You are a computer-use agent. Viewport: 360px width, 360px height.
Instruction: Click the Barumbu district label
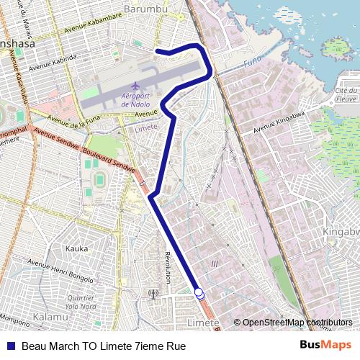pyautogui.click(x=145, y=9)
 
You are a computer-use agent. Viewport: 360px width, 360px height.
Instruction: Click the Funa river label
pyautogui.click(x=251, y=63)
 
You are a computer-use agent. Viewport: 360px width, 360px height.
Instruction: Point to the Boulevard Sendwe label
pyautogui.click(x=108, y=160)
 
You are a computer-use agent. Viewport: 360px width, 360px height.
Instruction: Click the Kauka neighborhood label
pyautogui.click(x=76, y=248)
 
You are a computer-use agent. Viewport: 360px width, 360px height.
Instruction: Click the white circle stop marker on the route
pyautogui.click(x=199, y=293)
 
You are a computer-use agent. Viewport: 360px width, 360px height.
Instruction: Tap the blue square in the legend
pyautogui.click(x=11, y=346)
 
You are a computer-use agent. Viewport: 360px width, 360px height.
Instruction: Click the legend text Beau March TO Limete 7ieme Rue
pyautogui.click(x=104, y=346)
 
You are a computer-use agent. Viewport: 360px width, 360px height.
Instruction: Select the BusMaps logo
pyautogui.click(x=326, y=346)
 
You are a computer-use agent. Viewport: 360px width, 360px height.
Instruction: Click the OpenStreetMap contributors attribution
pyautogui.click(x=297, y=323)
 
